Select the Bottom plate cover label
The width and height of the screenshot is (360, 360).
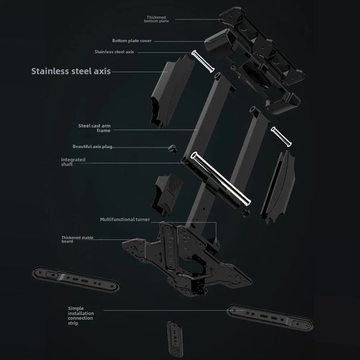[x=131, y=41]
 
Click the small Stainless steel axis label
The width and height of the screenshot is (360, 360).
[x=114, y=52]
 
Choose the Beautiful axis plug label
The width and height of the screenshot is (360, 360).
[x=92, y=146]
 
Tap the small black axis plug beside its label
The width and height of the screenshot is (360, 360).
[x=172, y=148]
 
